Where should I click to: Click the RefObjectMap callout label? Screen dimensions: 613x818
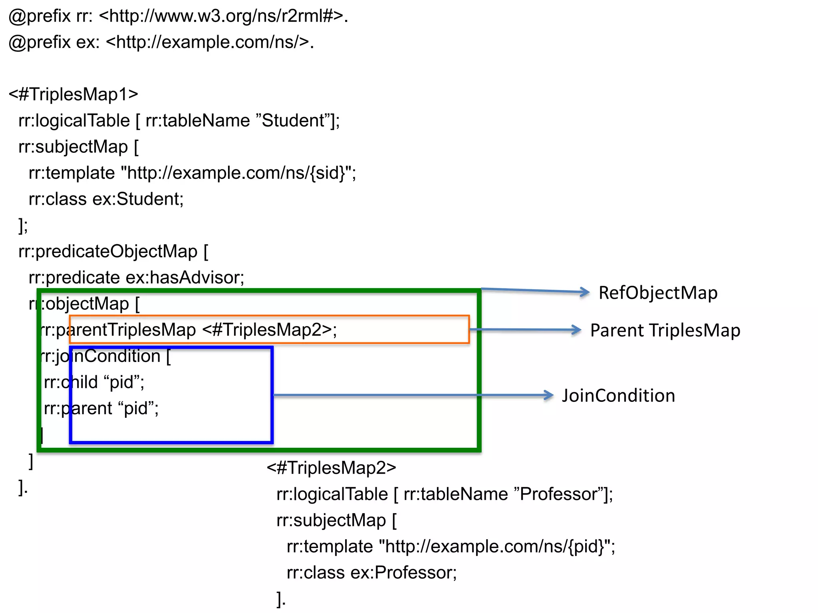pos(658,293)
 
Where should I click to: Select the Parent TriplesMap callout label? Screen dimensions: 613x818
pos(665,330)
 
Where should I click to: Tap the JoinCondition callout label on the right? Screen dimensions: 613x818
pos(618,395)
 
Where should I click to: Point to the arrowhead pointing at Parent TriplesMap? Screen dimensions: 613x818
pos(576,330)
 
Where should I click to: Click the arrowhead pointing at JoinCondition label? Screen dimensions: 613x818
pos(549,395)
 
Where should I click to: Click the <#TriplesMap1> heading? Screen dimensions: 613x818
pos(73,95)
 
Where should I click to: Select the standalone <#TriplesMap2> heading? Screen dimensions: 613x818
pos(331,468)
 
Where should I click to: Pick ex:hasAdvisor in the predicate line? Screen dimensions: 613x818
pos(185,278)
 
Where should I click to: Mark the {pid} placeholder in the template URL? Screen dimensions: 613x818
pos(586,546)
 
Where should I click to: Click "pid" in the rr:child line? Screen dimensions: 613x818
pos(121,382)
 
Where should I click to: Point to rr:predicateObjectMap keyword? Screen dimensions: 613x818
pos(108,251)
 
